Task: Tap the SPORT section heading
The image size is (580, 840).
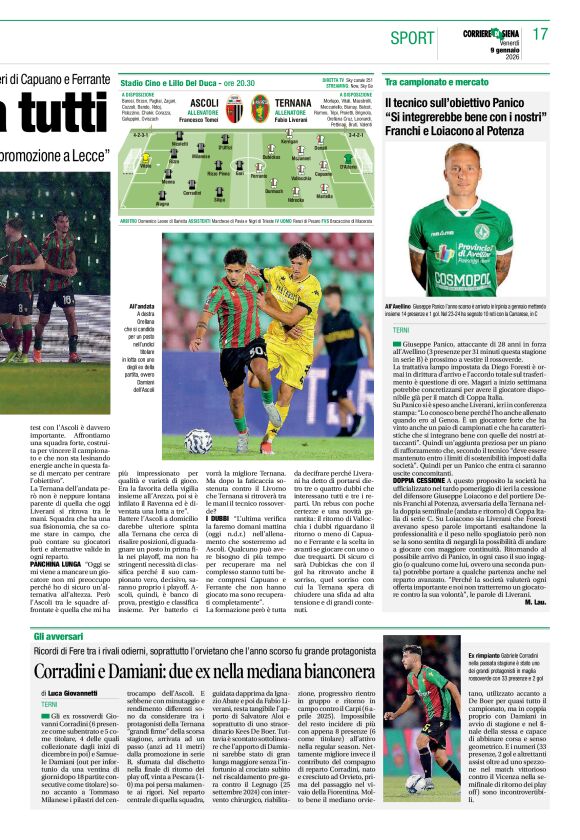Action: coord(413,38)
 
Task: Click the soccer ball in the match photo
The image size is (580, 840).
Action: coord(198,441)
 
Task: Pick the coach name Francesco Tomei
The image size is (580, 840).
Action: coord(205,120)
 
